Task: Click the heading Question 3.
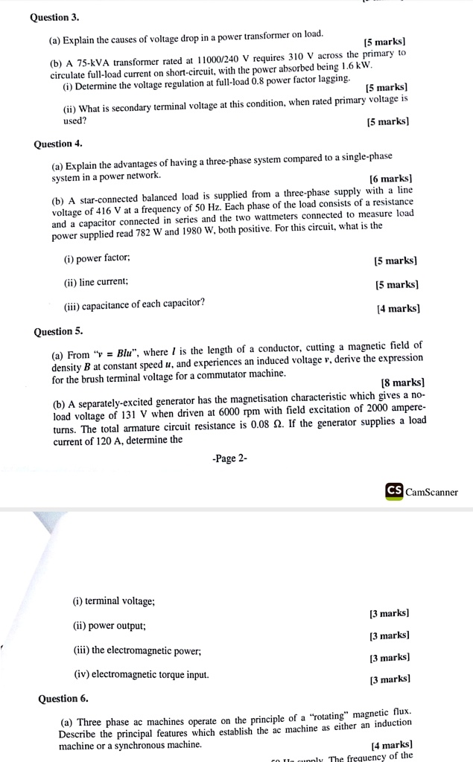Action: click(54, 16)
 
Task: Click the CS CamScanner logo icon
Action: click(394, 491)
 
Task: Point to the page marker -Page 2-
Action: click(229, 458)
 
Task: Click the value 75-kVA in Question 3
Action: click(95, 63)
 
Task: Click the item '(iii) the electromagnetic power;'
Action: click(138, 650)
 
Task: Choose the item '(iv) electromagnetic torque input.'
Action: click(142, 675)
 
